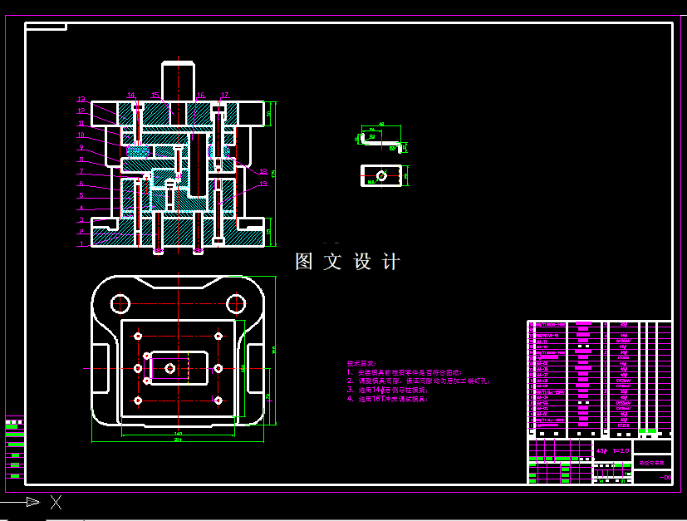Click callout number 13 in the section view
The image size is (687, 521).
pos(82,99)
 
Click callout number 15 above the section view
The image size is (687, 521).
pos(155,95)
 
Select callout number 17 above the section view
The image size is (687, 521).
pos(224,95)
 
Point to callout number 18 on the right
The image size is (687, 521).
pos(263,172)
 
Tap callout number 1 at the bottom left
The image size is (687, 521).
pos(81,244)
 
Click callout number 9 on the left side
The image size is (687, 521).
pos(81,147)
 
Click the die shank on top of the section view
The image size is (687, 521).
pos(177,79)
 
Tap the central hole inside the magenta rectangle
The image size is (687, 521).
pos(170,367)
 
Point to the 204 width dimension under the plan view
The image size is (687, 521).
pos(178,440)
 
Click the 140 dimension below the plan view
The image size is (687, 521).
pos(178,432)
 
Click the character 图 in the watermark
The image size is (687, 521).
pos(305,262)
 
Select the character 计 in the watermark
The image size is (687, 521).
pos(390,262)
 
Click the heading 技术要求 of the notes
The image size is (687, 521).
pos(361,364)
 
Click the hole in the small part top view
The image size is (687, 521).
pos(380,175)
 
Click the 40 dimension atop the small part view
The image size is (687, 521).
pos(380,124)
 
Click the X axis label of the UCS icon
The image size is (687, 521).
pos(56,502)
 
